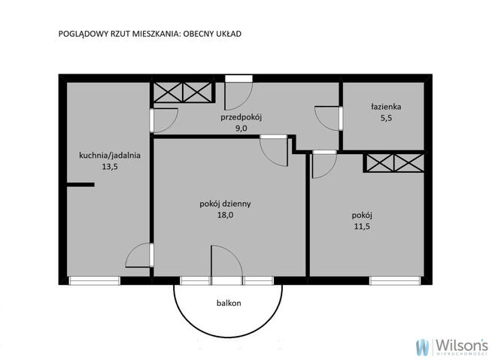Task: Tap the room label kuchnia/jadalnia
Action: (110, 156)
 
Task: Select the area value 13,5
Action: (110, 167)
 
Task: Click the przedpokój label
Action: (241, 117)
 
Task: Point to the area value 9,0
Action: (241, 129)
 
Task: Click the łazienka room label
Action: (386, 107)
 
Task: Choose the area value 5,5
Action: (386, 118)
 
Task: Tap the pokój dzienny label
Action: (225, 204)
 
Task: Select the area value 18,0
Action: (225, 215)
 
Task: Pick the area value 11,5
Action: (362, 226)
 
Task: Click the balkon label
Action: (229, 303)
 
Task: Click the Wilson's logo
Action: (452, 346)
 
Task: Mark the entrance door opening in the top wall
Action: (238, 78)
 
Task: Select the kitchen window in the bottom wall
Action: (95, 280)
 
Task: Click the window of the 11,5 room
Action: (395, 280)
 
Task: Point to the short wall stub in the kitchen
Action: (80, 185)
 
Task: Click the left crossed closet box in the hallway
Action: (168, 92)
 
